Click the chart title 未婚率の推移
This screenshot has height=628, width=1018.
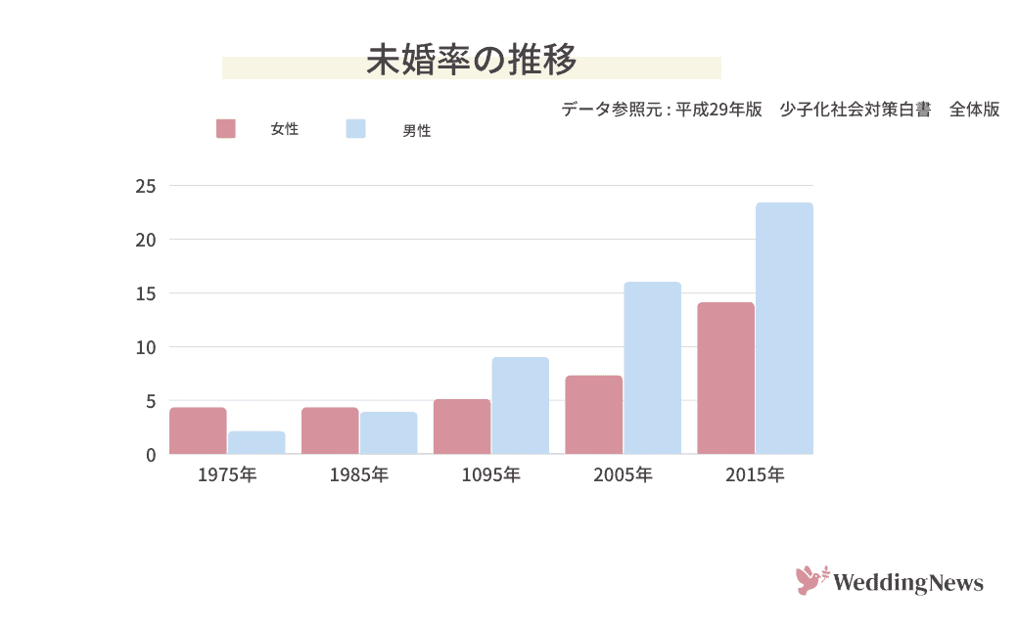(x=471, y=60)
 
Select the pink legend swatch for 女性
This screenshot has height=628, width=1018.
(x=226, y=129)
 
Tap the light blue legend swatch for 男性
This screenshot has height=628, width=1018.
(x=356, y=129)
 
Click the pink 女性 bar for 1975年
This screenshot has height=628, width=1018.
(x=198, y=431)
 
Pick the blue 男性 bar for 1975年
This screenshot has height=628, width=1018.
(x=256, y=443)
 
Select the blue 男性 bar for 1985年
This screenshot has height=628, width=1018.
(x=389, y=433)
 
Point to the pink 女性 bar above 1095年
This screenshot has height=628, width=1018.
(x=462, y=427)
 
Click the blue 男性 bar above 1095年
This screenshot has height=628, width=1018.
(x=521, y=406)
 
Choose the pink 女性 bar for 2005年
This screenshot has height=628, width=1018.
(x=593, y=415)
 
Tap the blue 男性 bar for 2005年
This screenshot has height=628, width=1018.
(x=653, y=369)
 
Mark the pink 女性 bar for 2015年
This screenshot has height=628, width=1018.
(x=725, y=379)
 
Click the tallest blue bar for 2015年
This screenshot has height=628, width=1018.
(x=784, y=329)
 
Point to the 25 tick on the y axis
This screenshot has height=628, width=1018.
(x=146, y=186)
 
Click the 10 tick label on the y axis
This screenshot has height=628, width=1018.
(x=146, y=347)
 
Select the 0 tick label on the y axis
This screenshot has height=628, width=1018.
(x=151, y=455)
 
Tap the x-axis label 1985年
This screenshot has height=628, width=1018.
(x=359, y=476)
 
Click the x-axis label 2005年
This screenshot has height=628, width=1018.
(x=623, y=476)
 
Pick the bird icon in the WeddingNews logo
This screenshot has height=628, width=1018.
(x=810, y=581)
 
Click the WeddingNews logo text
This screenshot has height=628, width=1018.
(x=908, y=584)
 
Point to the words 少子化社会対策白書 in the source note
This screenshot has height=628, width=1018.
(x=855, y=110)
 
